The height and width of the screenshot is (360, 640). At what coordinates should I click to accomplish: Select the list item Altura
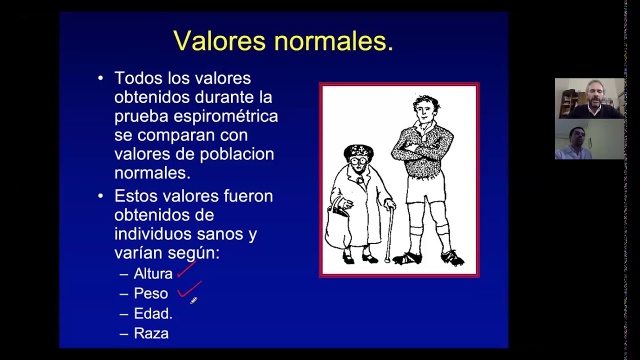[x=153, y=273]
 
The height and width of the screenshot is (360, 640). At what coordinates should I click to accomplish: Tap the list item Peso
[x=150, y=293]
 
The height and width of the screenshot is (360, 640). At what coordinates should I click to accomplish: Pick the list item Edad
[x=153, y=313]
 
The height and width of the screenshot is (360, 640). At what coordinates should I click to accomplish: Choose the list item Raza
[x=151, y=333]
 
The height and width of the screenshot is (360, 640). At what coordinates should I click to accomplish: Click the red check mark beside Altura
[x=186, y=270]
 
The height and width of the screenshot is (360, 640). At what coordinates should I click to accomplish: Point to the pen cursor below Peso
[x=193, y=300]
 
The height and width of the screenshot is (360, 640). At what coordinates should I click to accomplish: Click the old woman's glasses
[x=359, y=161]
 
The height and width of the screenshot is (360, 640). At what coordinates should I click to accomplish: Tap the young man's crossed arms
[x=423, y=150]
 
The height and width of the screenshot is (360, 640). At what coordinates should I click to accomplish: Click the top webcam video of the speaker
[x=589, y=98]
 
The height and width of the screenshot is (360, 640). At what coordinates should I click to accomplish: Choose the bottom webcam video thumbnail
[x=589, y=139]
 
